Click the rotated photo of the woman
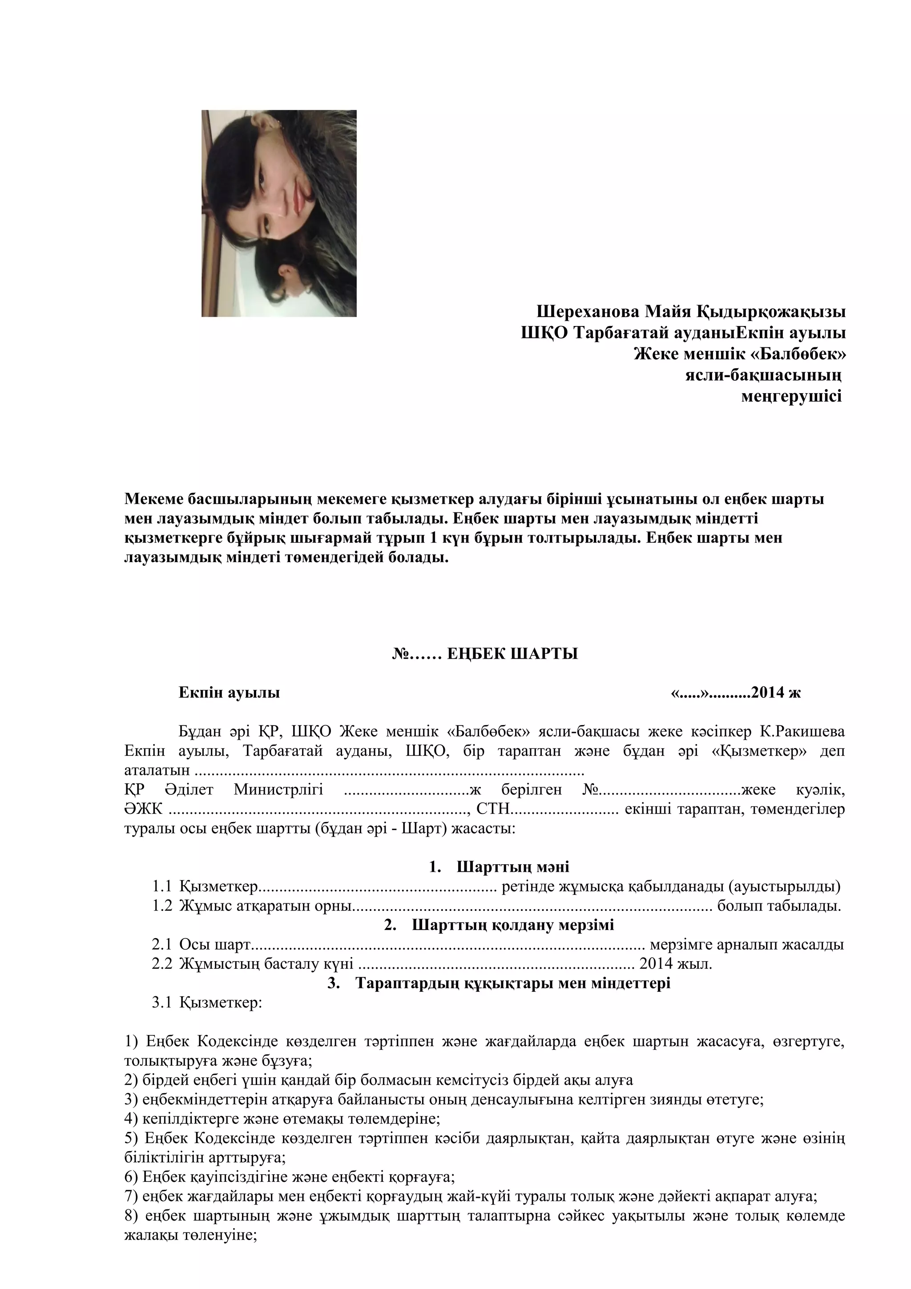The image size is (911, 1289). (279, 213)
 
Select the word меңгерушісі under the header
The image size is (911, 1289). (791, 396)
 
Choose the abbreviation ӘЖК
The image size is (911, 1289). (143, 809)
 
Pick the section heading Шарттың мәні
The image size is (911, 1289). (512, 867)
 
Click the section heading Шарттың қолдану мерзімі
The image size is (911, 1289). (512, 925)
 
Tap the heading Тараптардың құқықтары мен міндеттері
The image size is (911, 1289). (512, 983)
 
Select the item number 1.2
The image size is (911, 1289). (161, 906)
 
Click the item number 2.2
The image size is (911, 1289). (161, 964)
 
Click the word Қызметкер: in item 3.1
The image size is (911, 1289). (221, 1002)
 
